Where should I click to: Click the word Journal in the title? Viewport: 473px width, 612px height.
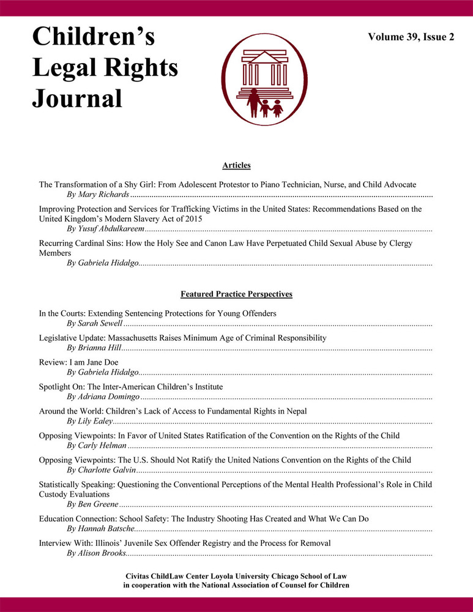pyautogui.click(x=78, y=97)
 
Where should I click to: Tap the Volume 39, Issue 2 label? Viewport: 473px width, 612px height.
pyautogui.click(x=411, y=37)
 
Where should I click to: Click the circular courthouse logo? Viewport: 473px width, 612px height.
pyautogui.click(x=262, y=79)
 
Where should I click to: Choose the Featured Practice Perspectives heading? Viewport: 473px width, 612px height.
pyautogui.click(x=236, y=294)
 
